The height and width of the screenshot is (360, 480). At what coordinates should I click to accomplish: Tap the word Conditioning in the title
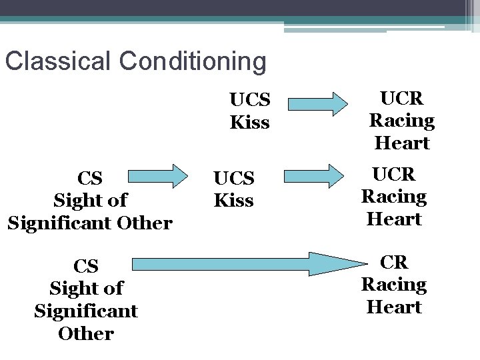coord(193,61)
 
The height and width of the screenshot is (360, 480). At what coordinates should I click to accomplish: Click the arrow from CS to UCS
coord(159,177)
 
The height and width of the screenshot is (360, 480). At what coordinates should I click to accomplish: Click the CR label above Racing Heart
coord(393,262)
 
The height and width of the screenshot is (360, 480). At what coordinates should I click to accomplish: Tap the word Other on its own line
coord(86,333)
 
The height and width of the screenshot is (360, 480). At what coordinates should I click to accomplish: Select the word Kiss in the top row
coord(249,123)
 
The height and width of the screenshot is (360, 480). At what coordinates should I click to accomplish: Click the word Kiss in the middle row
coord(233,201)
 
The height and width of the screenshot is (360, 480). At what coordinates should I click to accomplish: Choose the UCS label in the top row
coord(249,100)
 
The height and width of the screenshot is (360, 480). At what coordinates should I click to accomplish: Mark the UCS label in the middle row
coord(233,178)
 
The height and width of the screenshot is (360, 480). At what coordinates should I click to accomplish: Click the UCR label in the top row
coord(401,98)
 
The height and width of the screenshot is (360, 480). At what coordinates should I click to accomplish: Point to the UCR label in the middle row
coord(393,174)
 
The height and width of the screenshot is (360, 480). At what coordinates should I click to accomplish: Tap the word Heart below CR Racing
coord(393,307)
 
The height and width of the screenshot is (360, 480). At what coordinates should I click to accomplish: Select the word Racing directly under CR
coord(393,285)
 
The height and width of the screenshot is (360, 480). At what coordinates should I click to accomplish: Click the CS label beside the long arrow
coord(86,266)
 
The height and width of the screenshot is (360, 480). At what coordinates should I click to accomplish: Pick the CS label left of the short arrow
coord(90,178)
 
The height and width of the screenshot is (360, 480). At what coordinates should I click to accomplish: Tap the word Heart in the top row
coord(401,143)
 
